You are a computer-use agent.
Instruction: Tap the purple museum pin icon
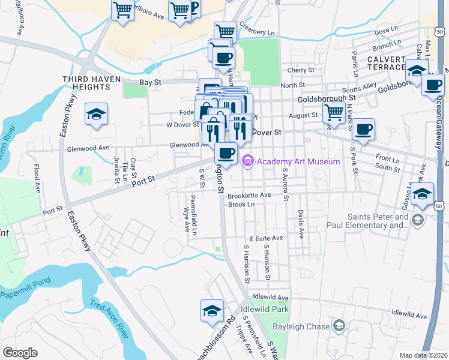pyautogui.click(x=247, y=161)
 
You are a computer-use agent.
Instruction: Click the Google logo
pyautogui.click(x=20, y=353)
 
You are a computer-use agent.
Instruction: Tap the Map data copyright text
pyautogui.click(x=423, y=355)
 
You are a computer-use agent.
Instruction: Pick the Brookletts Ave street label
pyautogui.click(x=250, y=195)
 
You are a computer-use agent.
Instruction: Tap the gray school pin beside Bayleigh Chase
pyautogui.click(x=339, y=326)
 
